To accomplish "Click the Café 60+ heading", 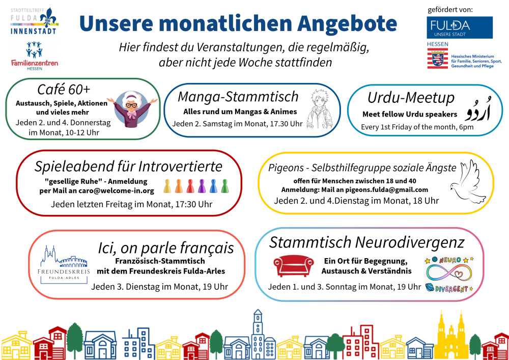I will click(x=64, y=90).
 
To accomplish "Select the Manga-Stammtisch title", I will click(x=238, y=96).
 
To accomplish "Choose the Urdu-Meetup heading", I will click(x=404, y=97).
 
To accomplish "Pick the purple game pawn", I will click(x=202, y=186).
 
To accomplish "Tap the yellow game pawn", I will click(x=167, y=186).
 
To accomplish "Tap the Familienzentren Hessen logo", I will click(x=35, y=57).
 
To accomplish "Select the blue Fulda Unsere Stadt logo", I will click(x=460, y=27).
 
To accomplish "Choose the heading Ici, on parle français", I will click(x=166, y=247).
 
